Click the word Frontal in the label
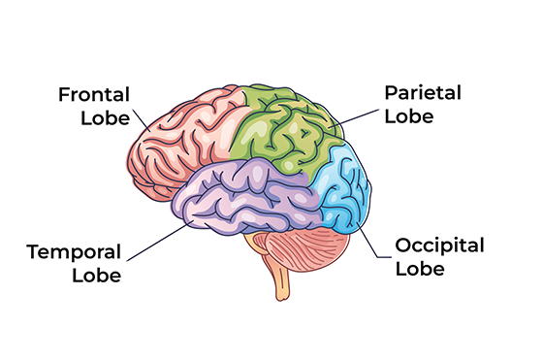pos(94,95)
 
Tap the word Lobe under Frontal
pos(106,119)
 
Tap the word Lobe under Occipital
pos(419,267)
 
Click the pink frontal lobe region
pos(179,136)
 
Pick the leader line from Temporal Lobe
pos(155,244)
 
